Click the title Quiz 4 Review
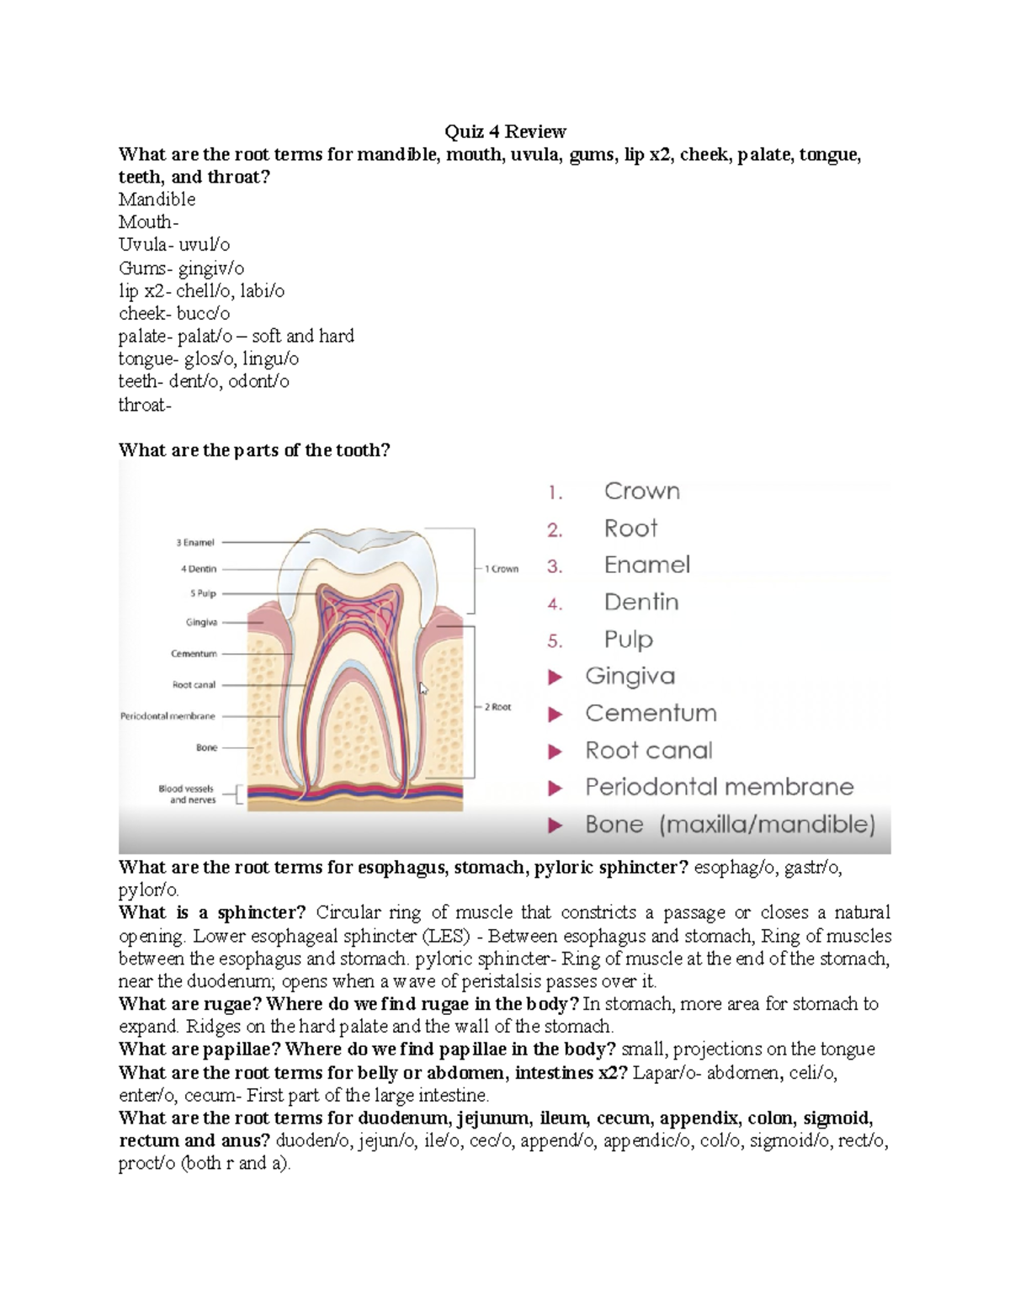(505, 131)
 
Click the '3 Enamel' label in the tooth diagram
(195, 543)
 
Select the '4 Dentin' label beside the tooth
(199, 569)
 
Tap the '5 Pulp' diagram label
(203, 593)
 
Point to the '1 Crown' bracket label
(502, 569)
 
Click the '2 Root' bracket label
(497, 707)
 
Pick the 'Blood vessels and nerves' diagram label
(187, 794)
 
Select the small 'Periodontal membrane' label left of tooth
(167, 716)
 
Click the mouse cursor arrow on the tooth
(423, 688)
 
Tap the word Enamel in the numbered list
(646, 565)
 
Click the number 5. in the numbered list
(554, 641)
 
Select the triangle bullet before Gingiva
(555, 677)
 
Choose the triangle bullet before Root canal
(555, 752)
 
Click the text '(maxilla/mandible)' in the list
(768, 825)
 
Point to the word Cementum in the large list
(651, 714)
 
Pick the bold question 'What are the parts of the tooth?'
(254, 450)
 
